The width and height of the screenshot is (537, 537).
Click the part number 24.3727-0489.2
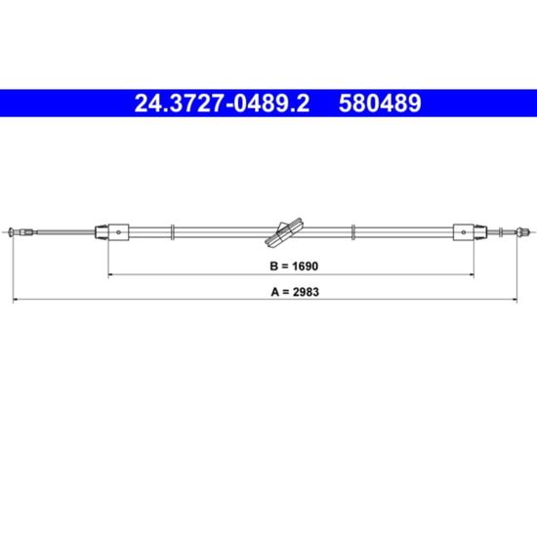click(x=222, y=103)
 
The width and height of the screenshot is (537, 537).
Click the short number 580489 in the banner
click(x=380, y=103)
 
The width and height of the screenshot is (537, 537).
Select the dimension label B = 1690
click(x=294, y=266)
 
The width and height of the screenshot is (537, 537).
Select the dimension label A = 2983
click(x=295, y=292)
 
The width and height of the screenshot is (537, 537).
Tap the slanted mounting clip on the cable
click(x=284, y=231)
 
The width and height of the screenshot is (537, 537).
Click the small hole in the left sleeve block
click(x=118, y=232)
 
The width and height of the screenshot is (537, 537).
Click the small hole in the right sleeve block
click(x=464, y=232)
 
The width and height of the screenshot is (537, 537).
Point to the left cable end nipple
click(x=11, y=231)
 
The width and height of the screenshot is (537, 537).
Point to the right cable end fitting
click(x=521, y=231)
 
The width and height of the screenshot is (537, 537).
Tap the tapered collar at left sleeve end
click(x=102, y=231)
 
